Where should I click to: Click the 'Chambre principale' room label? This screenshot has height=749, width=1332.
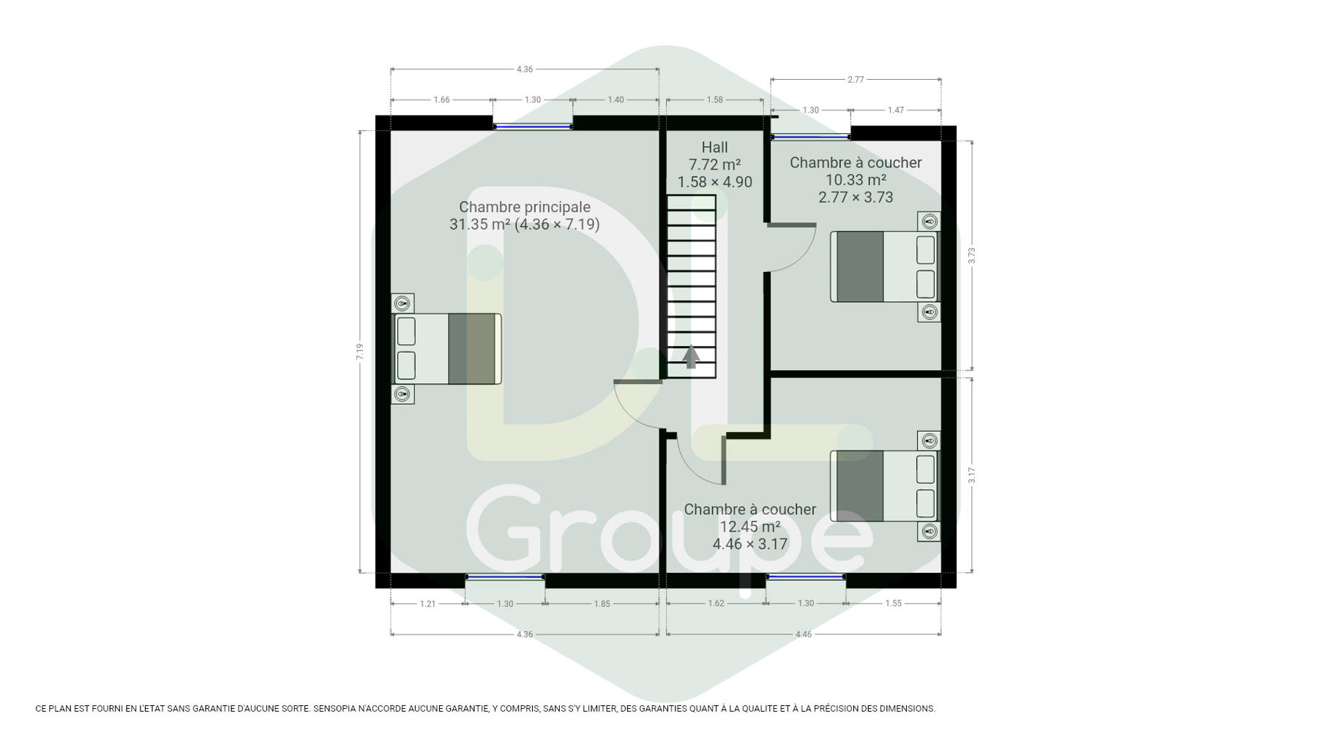[x=524, y=207]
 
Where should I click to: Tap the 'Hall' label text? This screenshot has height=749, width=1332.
[x=714, y=148]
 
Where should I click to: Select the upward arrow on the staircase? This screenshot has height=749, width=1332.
[x=691, y=356]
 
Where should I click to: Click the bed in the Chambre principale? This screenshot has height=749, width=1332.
[x=447, y=349]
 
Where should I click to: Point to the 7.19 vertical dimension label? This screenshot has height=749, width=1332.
[x=359, y=352]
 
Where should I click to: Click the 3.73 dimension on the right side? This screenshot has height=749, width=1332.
[x=971, y=255]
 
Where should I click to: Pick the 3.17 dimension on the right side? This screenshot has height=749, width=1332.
[x=971, y=475]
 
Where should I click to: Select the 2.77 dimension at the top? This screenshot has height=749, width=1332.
[x=856, y=79]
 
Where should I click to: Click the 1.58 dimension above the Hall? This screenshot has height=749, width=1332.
[x=714, y=99]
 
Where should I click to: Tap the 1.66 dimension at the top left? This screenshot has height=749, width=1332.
[x=441, y=99]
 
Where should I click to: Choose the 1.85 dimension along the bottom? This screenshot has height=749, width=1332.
[x=602, y=603]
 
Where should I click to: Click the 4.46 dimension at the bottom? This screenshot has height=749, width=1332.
[x=804, y=634]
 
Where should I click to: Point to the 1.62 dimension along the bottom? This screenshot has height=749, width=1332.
[x=716, y=603]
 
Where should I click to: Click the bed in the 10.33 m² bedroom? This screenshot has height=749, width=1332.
[x=884, y=266]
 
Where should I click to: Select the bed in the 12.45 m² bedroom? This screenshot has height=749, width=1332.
[x=884, y=486]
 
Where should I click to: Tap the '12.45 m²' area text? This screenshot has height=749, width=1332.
[x=750, y=527]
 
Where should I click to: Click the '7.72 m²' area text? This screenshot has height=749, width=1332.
[x=714, y=165]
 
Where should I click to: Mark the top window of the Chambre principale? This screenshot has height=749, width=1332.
[x=532, y=127]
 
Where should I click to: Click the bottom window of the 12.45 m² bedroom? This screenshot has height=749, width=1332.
[x=806, y=577]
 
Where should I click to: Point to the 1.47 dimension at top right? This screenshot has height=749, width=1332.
[x=896, y=110]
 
